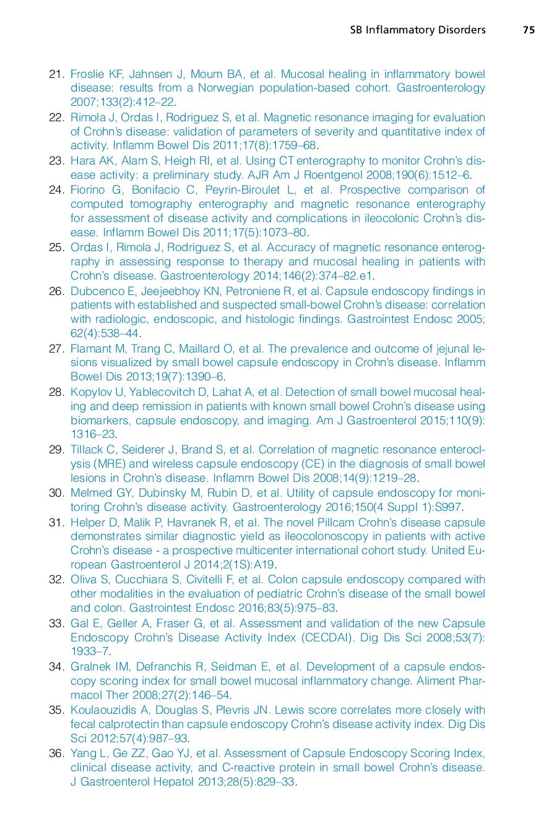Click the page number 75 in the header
529,30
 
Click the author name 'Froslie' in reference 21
86,74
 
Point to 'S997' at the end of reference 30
449,507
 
